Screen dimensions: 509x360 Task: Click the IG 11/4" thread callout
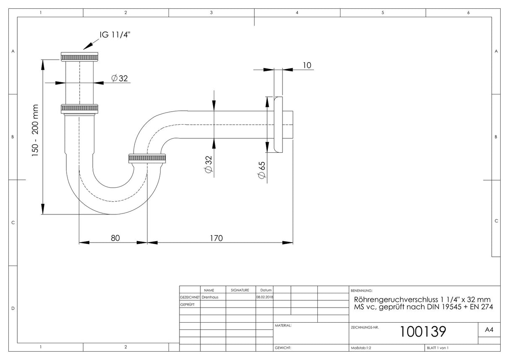[115, 35]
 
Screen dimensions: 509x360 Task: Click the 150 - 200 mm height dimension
[35, 130]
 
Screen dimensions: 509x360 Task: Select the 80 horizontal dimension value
[115, 238]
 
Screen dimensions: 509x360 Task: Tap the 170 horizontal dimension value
[216, 238]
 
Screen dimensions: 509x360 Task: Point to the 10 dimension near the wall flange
[307, 65]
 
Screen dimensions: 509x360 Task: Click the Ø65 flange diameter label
[262, 170]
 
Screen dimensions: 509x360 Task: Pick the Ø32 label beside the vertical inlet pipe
[119, 78]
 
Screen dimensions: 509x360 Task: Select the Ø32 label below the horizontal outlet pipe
[208, 164]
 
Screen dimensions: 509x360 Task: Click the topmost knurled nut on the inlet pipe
[79, 57]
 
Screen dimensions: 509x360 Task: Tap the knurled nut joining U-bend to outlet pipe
[147, 159]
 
